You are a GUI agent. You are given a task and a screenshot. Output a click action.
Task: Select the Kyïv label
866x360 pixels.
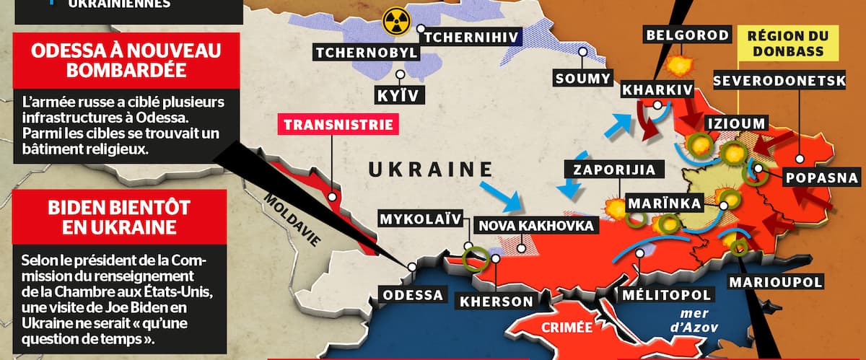click(395, 94)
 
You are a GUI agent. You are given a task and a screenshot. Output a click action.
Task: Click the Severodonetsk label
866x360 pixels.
click(779, 81)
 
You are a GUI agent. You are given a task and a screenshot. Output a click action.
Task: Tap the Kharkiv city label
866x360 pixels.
click(657, 91)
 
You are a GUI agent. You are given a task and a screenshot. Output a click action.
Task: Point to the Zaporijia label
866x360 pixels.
click(614, 170)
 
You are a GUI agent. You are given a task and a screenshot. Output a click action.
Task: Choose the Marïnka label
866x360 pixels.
click(663, 203)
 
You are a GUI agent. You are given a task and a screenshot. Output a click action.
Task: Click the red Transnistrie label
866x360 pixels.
click(338, 124)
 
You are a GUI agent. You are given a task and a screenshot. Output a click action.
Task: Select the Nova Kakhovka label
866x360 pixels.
click(535, 225)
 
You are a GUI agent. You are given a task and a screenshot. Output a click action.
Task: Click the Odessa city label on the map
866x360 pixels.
click(413, 295)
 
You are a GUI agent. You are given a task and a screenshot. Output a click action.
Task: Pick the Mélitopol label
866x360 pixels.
click(667, 294)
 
